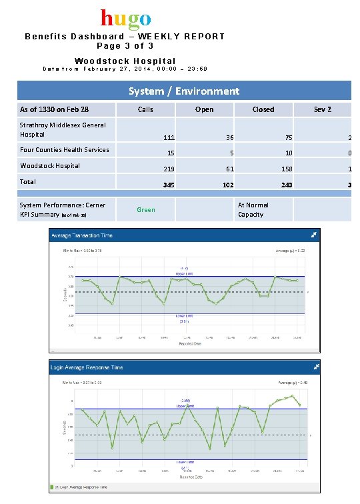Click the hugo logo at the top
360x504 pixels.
click(x=126, y=18)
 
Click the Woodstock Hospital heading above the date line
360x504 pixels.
click(x=125, y=61)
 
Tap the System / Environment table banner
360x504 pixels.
click(x=184, y=91)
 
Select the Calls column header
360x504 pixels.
click(x=145, y=109)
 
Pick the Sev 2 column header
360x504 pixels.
click(x=322, y=109)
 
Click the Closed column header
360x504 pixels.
click(x=263, y=109)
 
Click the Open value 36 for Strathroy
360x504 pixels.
click(x=229, y=137)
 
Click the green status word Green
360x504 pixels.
click(x=145, y=210)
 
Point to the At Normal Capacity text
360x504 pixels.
click(x=253, y=210)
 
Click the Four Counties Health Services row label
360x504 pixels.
click(x=64, y=150)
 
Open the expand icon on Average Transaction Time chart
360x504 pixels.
click(x=314, y=235)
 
